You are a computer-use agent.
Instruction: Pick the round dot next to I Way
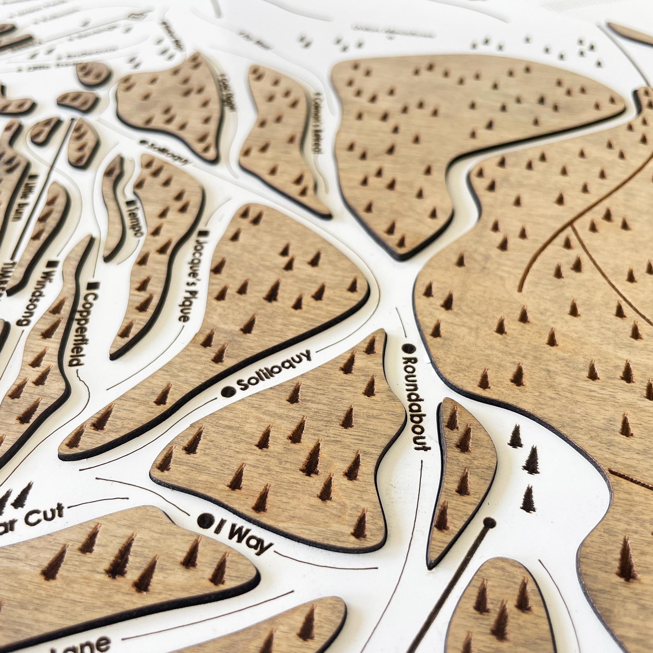click(204, 519)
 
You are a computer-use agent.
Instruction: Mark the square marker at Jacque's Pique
click(204, 234)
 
